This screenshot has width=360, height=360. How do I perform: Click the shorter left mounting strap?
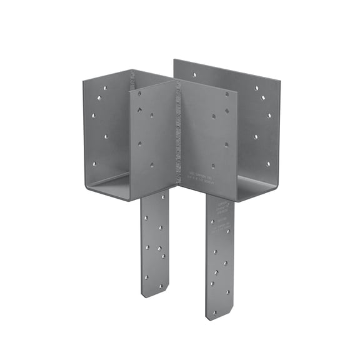[x=154, y=244]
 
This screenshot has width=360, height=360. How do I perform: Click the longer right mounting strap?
[x=219, y=256]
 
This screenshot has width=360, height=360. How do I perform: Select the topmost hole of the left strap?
[x=149, y=202]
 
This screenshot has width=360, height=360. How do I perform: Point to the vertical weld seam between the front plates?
[x=178, y=134]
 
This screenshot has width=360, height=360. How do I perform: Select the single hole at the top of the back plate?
[x=194, y=74]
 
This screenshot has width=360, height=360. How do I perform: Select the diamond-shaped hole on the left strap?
[x=160, y=249]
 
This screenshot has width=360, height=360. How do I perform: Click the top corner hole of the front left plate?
[x=139, y=94]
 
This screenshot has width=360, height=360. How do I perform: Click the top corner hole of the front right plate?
[x=227, y=96]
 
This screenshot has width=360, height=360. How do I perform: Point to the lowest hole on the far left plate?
[x=95, y=164]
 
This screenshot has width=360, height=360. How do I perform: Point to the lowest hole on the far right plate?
[x=269, y=164]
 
